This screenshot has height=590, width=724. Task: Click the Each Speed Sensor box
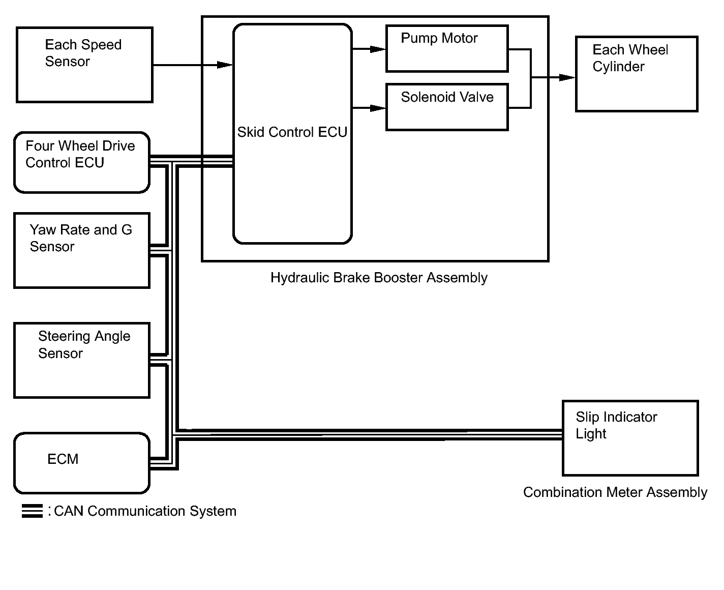(84, 65)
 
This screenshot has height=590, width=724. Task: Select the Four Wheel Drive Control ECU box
(81, 163)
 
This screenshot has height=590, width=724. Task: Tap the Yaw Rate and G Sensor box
(81, 250)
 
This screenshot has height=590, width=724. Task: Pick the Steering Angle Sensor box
(81, 360)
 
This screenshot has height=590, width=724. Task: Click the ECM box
(81, 463)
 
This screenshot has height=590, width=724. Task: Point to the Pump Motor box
(447, 49)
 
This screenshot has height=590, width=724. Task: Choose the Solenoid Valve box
(447, 107)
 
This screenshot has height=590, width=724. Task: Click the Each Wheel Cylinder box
(637, 74)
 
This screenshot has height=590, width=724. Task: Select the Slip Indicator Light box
(630, 438)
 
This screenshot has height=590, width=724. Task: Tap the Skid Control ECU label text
(292, 132)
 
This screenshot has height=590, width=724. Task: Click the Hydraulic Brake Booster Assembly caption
(379, 278)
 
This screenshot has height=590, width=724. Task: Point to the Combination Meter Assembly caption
(615, 492)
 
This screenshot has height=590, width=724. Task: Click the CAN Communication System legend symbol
(32, 511)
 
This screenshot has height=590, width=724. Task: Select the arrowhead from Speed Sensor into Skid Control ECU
(225, 65)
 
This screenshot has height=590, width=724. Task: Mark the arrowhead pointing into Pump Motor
(378, 49)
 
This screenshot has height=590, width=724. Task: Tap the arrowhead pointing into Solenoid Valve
(378, 108)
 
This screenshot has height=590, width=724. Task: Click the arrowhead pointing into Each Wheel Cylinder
(567, 78)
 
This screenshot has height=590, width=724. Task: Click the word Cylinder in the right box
(618, 67)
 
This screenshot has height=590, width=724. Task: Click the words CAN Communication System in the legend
(145, 511)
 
